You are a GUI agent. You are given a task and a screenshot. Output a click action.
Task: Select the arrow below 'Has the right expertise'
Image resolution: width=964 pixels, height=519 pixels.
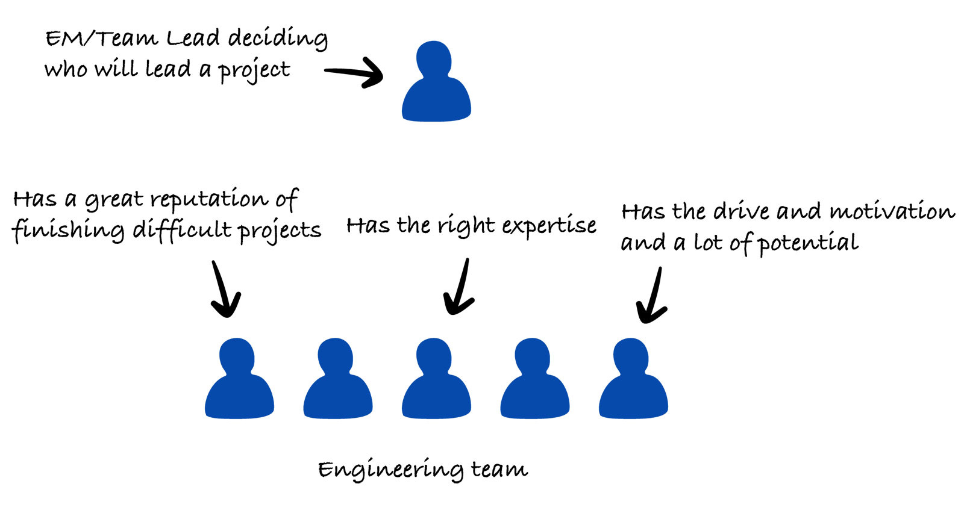[460, 288]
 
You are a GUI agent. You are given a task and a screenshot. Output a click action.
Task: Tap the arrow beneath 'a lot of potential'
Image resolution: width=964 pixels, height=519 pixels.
[652, 296]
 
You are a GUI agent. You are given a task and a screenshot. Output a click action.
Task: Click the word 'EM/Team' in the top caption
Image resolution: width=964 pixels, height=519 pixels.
[101, 39]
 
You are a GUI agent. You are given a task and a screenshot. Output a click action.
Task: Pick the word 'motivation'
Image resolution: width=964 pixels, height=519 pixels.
[892, 211]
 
